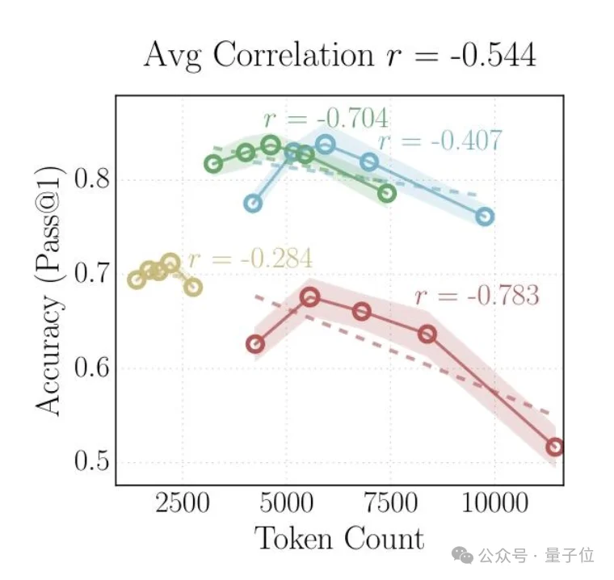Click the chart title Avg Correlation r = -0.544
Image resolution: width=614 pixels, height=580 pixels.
(339, 55)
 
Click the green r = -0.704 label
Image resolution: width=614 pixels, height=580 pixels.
(326, 120)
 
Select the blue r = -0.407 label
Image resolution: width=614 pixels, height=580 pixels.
(440, 141)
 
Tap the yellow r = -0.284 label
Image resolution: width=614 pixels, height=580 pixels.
(250, 259)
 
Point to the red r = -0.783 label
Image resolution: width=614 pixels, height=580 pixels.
(477, 296)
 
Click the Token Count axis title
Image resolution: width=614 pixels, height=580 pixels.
(339, 540)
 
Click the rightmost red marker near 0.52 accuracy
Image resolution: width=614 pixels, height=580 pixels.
(555, 447)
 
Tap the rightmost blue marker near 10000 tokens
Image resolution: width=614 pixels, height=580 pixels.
(485, 216)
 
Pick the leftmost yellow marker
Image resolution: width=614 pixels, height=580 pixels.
(137, 279)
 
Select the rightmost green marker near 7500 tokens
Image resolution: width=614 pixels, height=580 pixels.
(387, 193)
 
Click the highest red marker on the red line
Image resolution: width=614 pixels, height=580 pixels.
(310, 297)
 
